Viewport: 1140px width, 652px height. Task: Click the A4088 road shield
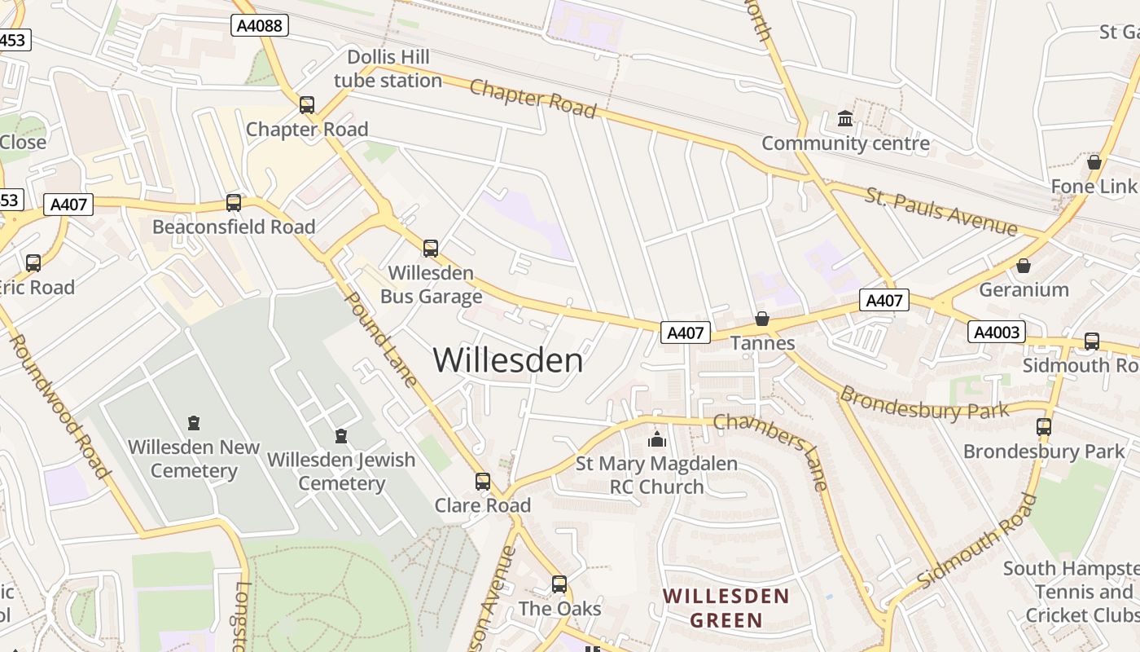(x=260, y=26)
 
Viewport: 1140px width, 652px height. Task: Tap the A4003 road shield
(x=996, y=332)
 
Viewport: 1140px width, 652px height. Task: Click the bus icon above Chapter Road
(x=307, y=105)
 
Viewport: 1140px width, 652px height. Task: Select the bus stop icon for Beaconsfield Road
(x=234, y=203)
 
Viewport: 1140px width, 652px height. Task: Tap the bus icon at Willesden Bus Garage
(x=431, y=249)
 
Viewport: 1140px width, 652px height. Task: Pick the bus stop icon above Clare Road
(x=483, y=482)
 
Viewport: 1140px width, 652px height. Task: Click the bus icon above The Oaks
(x=559, y=584)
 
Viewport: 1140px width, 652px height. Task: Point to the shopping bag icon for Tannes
(x=762, y=319)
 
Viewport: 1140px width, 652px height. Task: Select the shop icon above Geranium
(x=1024, y=266)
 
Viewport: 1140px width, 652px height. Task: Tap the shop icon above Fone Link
(x=1094, y=162)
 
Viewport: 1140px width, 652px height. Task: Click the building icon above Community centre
(x=845, y=120)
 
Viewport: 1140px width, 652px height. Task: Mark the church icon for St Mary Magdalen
(x=656, y=440)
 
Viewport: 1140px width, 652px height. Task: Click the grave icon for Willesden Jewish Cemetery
(x=341, y=436)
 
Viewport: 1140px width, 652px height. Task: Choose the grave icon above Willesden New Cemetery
(x=194, y=423)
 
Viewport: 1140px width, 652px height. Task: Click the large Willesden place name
(x=508, y=360)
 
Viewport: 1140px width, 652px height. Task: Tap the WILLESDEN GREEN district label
(x=726, y=608)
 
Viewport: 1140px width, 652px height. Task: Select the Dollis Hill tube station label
(x=388, y=68)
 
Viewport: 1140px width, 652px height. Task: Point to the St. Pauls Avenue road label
(x=940, y=211)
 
